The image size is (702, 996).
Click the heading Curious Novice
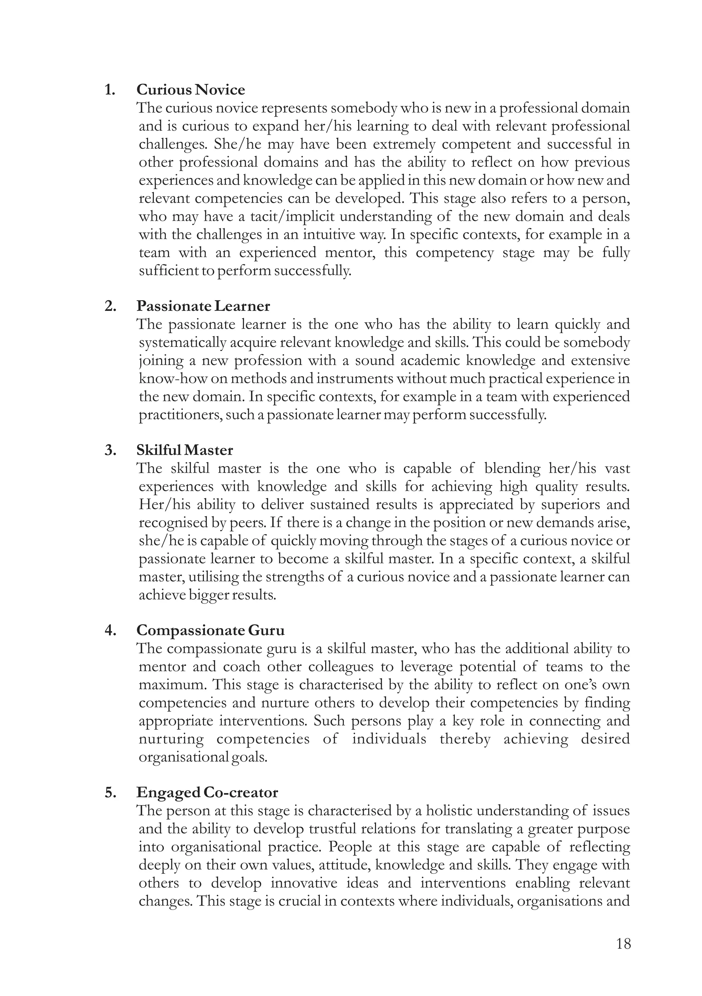click(x=191, y=90)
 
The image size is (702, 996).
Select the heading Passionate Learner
click(x=203, y=306)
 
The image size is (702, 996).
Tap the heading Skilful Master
click(x=184, y=450)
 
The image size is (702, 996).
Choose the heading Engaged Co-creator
click(x=207, y=792)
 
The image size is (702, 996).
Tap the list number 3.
click(x=110, y=450)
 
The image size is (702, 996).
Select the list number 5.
click(x=110, y=792)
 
